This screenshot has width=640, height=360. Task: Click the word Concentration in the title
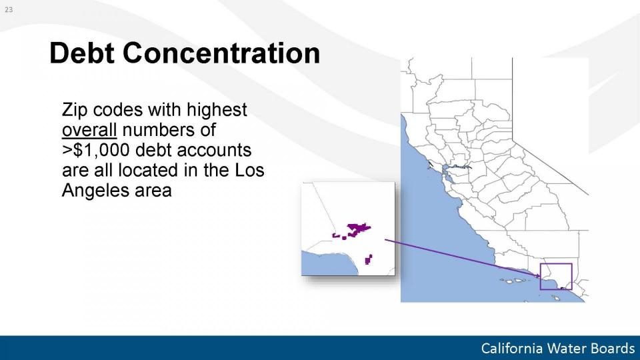point(221,53)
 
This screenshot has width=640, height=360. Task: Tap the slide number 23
point(9,9)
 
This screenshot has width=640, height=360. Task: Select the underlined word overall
point(89,130)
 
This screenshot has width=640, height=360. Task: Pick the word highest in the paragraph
point(217,110)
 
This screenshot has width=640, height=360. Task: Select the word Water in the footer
point(565,349)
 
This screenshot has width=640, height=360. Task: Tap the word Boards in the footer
point(611,349)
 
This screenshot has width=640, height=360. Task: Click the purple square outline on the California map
point(541,276)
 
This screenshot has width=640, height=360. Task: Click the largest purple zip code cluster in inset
point(358,229)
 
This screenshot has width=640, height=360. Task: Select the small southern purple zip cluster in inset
point(369,259)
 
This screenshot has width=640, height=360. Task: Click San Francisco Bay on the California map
point(449,173)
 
